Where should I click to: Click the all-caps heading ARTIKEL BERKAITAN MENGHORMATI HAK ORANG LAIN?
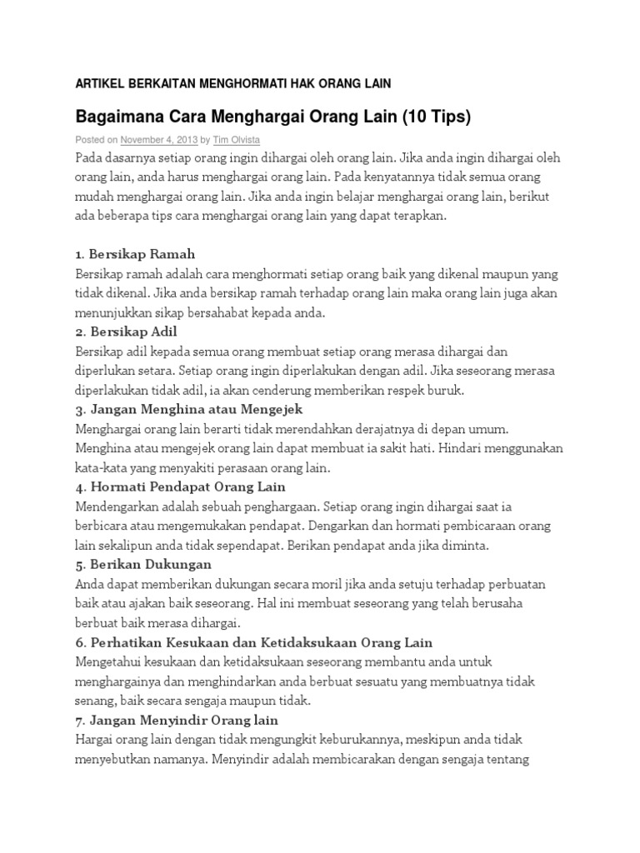(x=233, y=83)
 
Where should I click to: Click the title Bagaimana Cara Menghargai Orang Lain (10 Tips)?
(x=273, y=117)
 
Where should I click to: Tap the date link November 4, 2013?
(x=158, y=140)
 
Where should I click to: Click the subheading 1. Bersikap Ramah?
(x=135, y=253)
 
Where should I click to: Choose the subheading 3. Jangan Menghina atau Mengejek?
(x=188, y=409)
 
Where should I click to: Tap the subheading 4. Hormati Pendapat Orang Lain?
(x=180, y=486)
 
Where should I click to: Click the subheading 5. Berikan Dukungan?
(x=143, y=564)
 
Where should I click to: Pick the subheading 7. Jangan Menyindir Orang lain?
(x=177, y=719)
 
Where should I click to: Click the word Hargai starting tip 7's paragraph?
(x=94, y=739)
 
